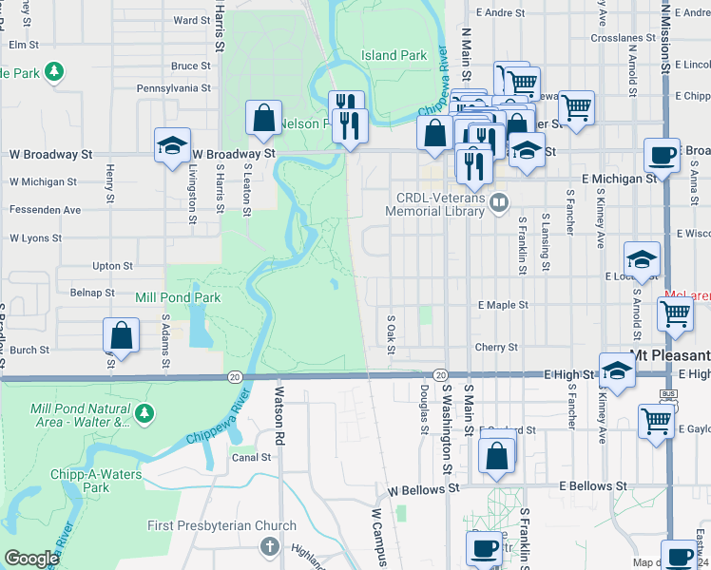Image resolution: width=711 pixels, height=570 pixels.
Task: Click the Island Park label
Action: pos(394,55)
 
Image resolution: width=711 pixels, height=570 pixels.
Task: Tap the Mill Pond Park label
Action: pos(178,297)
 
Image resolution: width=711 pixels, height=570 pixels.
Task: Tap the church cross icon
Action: pos(270,546)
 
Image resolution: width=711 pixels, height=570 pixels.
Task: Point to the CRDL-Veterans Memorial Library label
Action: pos(441,203)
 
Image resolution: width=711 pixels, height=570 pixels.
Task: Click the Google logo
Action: pos(31,559)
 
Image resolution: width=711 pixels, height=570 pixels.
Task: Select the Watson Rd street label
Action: pos(279,402)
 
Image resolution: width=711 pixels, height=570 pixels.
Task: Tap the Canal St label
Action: pos(252,457)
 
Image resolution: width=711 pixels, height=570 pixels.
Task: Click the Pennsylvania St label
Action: pos(173,87)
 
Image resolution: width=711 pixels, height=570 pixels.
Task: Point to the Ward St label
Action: pos(191,20)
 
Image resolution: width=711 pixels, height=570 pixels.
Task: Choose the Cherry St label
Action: pos(496,348)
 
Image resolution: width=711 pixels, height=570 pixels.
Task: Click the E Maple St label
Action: pos(503,305)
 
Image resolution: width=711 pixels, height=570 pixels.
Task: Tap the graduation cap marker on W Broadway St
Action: pos(172,146)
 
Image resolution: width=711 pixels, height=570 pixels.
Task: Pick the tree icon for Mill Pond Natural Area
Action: pos(144,412)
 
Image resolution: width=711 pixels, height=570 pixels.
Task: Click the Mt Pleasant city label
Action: pos(669,353)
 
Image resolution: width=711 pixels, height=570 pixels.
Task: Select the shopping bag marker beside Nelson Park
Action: pos(263,118)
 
